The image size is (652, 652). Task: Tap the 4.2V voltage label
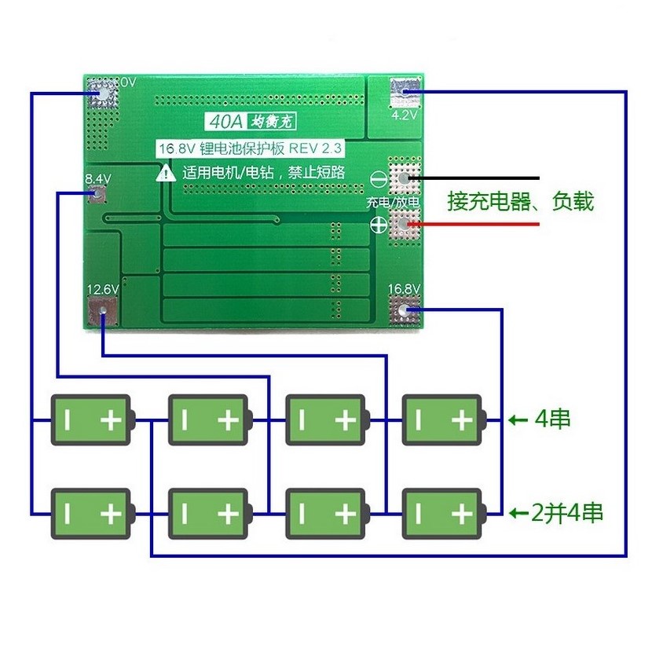(403, 115)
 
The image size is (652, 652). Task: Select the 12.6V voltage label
(103, 290)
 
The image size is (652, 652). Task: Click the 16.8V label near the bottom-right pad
(405, 288)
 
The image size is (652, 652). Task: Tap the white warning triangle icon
(166, 174)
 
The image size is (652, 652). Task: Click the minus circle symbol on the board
(378, 179)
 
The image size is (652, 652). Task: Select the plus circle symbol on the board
(378, 225)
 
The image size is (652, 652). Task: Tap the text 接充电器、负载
(520, 201)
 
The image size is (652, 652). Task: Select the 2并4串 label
(567, 514)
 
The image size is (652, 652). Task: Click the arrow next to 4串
(518, 420)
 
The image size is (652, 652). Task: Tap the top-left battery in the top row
(91, 419)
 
